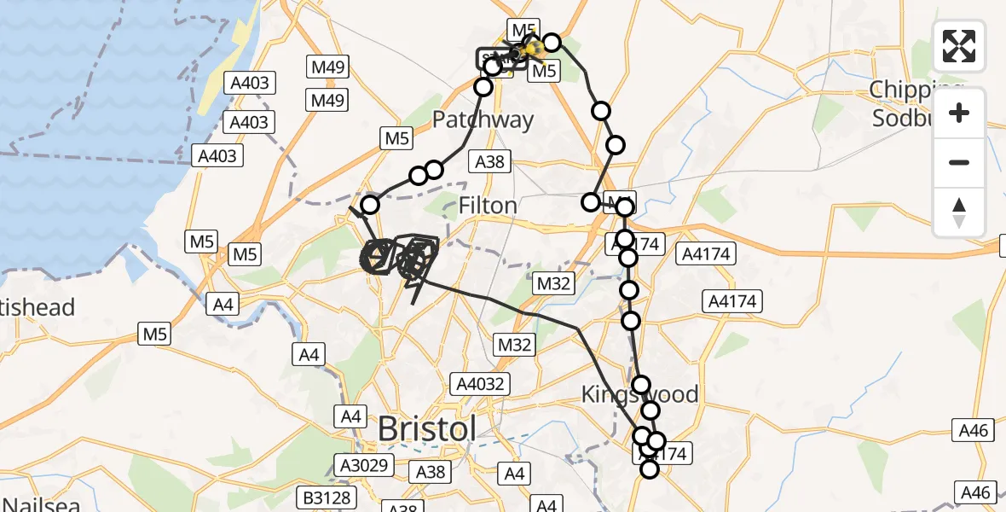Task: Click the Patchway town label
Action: pyautogui.click(x=483, y=119)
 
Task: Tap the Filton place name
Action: pyautogui.click(x=488, y=206)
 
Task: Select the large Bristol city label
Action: pyautogui.click(x=427, y=428)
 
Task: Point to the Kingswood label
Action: pyautogui.click(x=639, y=395)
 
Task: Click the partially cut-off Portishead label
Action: pyautogui.click(x=38, y=307)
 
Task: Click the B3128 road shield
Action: pyautogui.click(x=326, y=497)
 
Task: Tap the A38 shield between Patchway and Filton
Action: pyautogui.click(x=489, y=161)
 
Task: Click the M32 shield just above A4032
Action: pyautogui.click(x=514, y=345)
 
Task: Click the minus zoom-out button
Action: pyautogui.click(x=959, y=162)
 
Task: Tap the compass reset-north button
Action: pyautogui.click(x=959, y=211)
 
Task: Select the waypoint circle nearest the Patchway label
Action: pyautogui.click(x=483, y=87)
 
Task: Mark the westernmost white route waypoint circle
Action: pyautogui.click(x=370, y=205)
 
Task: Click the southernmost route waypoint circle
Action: pyautogui.click(x=650, y=468)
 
